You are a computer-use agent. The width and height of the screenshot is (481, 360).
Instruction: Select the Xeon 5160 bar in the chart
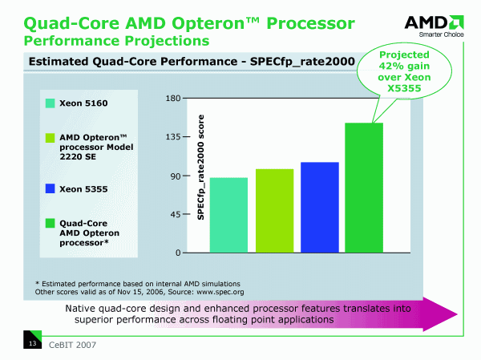tap(228, 215)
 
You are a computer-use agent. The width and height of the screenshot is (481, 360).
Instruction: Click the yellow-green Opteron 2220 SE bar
tap(274, 211)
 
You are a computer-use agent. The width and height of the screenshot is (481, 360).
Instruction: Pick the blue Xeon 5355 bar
tap(319, 207)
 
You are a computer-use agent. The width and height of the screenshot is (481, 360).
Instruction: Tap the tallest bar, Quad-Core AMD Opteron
tap(364, 188)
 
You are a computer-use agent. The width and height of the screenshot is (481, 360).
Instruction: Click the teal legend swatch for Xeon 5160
tap(50, 103)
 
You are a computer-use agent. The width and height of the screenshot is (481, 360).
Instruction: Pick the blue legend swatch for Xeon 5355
tap(50, 189)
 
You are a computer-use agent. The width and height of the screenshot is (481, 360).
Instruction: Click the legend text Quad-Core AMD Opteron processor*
tap(90, 232)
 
